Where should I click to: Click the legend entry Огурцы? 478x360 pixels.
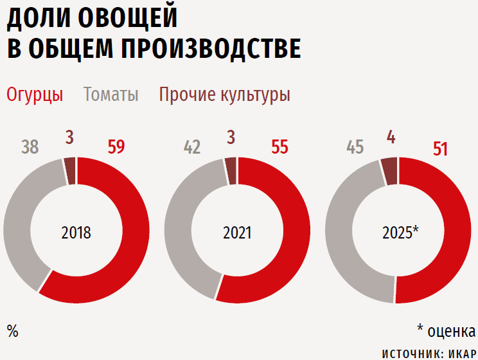click(x=35, y=95)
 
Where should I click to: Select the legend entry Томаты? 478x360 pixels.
click(x=111, y=95)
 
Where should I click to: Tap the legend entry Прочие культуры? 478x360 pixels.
click(x=225, y=95)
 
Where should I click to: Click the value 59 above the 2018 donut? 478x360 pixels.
click(x=116, y=147)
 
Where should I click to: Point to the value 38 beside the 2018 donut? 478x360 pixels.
click(x=30, y=147)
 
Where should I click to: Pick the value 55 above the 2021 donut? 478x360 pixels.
click(x=279, y=147)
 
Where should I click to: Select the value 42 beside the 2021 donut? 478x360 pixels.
click(x=192, y=147)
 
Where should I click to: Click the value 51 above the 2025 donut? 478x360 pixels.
click(x=440, y=149)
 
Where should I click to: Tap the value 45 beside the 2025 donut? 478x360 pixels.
click(x=355, y=147)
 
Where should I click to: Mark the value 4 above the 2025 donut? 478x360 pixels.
click(x=391, y=137)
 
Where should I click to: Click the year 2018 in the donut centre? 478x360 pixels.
click(x=76, y=232)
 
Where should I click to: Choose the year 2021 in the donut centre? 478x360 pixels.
click(x=237, y=232)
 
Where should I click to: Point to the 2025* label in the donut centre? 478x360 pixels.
click(x=400, y=232)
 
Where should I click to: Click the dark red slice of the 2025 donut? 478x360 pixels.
click(x=389, y=170)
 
